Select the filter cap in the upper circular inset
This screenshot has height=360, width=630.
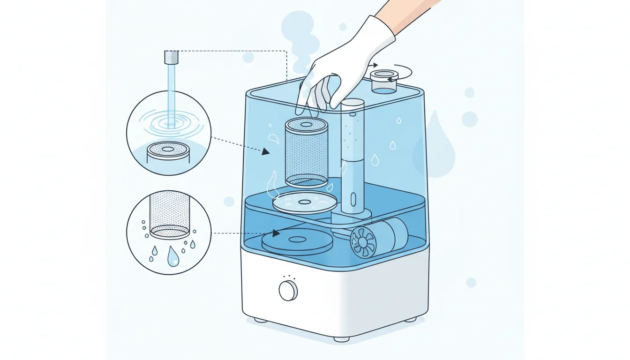click(168, 150)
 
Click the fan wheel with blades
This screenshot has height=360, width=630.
click(363, 242)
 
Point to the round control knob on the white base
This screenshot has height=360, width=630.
click(288, 291)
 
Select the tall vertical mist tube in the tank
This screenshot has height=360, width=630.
click(352, 155)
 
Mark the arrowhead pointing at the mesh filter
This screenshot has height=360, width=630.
click(266, 151)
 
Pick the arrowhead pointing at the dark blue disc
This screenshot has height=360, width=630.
click(276, 233)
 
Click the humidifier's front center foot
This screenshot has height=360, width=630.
click(341, 338)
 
